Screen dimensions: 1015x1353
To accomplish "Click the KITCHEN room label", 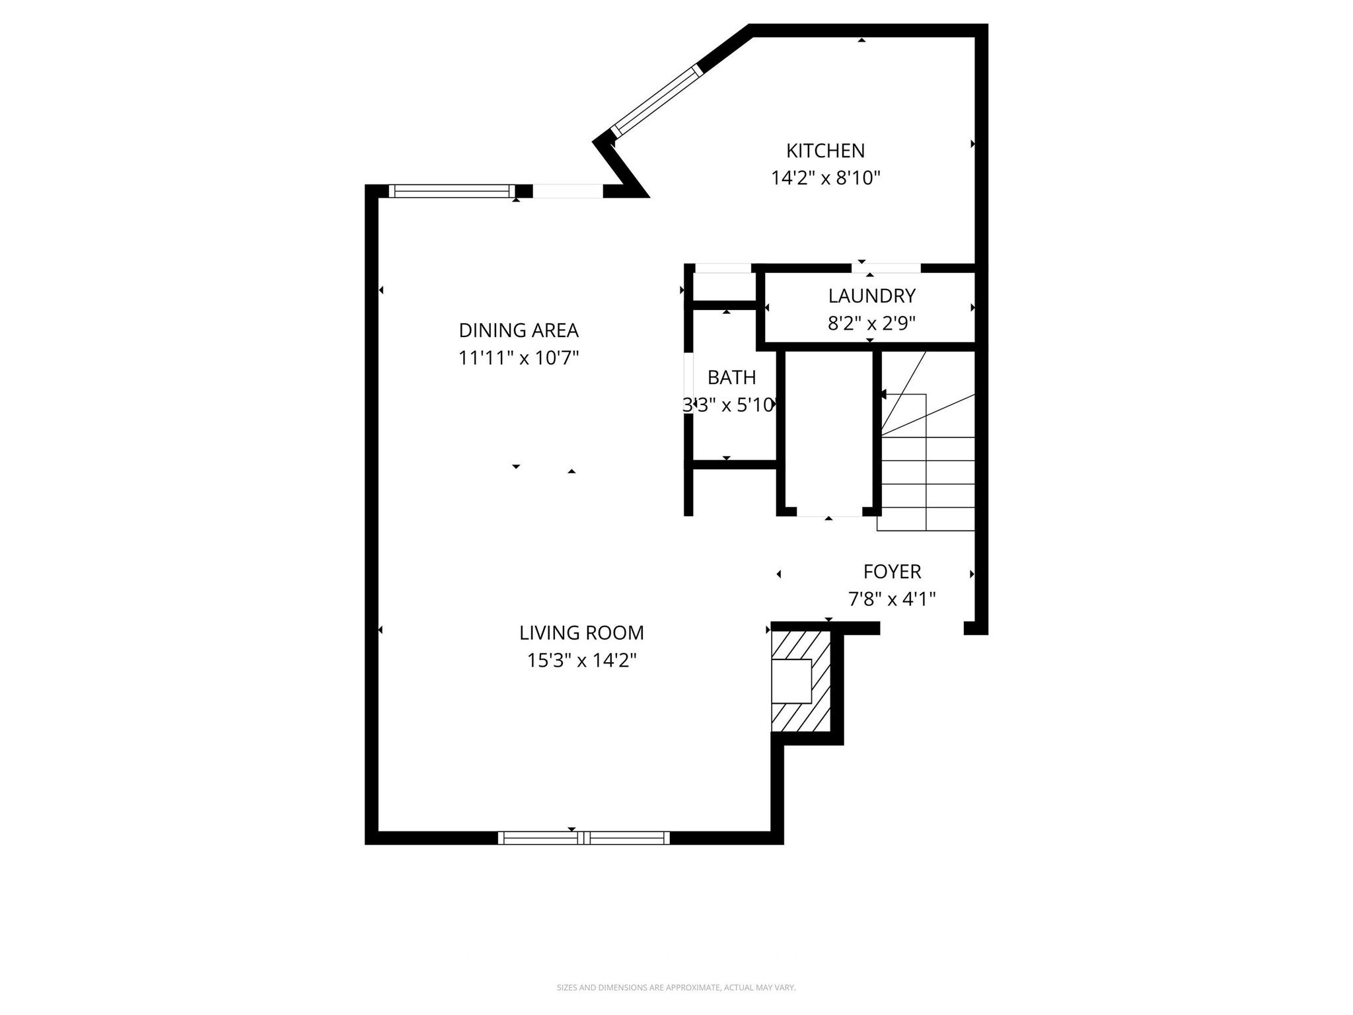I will [825, 151].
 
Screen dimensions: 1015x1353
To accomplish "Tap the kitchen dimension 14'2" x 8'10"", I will [825, 178].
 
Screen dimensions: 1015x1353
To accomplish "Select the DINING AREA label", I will [519, 330].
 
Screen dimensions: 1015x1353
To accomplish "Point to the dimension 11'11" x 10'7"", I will [519, 358].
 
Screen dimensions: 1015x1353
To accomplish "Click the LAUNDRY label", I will [871, 295].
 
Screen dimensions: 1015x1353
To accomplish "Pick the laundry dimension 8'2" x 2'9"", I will [871, 323].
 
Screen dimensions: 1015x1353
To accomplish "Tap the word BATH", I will [731, 377].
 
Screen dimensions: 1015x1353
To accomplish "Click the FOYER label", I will [892, 572].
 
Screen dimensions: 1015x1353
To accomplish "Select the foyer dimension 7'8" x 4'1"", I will [892, 599].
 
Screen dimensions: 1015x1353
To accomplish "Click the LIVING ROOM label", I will [581, 633].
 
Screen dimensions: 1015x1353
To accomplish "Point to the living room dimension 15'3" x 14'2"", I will [581, 661].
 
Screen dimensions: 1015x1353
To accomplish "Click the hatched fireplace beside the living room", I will [801, 681].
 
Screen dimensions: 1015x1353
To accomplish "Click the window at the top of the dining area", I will [452, 191].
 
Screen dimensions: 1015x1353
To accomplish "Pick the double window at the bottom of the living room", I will [583, 838].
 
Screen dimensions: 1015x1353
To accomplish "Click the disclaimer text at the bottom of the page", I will [676, 988].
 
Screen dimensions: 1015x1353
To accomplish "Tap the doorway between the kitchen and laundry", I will [885, 268].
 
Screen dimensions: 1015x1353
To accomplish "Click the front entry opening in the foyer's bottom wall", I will [922, 628].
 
